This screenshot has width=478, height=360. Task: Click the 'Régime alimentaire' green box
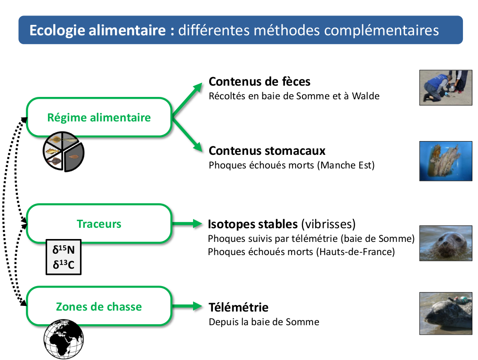point(99,117)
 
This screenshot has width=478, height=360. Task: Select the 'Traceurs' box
point(99,224)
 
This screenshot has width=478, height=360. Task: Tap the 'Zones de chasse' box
point(99,306)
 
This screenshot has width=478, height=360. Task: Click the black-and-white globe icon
point(64,338)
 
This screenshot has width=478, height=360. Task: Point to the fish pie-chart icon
point(64,151)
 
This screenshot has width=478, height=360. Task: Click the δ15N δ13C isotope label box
point(64,257)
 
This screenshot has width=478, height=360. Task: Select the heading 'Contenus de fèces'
point(259,81)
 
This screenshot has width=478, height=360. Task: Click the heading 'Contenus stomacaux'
point(267,151)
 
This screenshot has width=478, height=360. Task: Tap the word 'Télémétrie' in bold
point(238,307)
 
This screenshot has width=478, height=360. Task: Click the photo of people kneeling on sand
point(446,87)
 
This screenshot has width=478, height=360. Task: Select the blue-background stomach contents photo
point(446,161)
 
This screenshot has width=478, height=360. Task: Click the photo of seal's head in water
point(446,243)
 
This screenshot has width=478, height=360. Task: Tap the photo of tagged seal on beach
point(446,313)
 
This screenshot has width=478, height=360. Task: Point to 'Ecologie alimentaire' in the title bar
point(97,31)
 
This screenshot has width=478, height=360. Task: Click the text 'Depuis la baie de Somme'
point(264,322)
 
